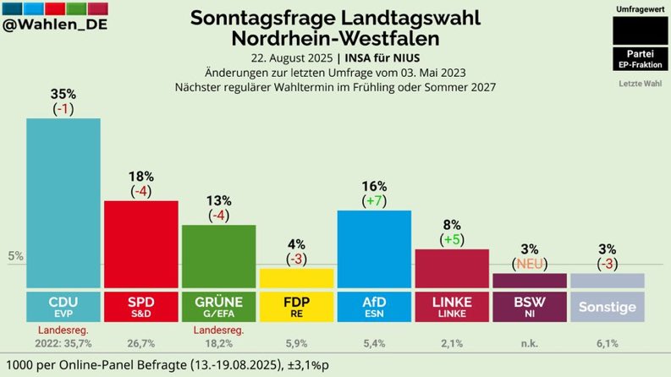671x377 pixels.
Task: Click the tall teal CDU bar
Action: point(63,203)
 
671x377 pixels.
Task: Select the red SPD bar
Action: point(140,245)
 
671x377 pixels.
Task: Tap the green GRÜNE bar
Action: point(218,257)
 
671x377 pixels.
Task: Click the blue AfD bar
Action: point(374,249)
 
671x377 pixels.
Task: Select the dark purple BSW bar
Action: point(529,281)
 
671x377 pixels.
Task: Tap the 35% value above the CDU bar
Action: point(63,94)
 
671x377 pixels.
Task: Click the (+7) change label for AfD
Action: point(374,201)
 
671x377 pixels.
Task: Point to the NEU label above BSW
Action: point(529,264)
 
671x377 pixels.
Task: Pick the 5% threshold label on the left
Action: point(15,256)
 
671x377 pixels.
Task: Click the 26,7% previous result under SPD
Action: point(140,344)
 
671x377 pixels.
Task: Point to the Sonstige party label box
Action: point(607,307)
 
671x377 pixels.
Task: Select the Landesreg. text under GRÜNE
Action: point(218,329)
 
